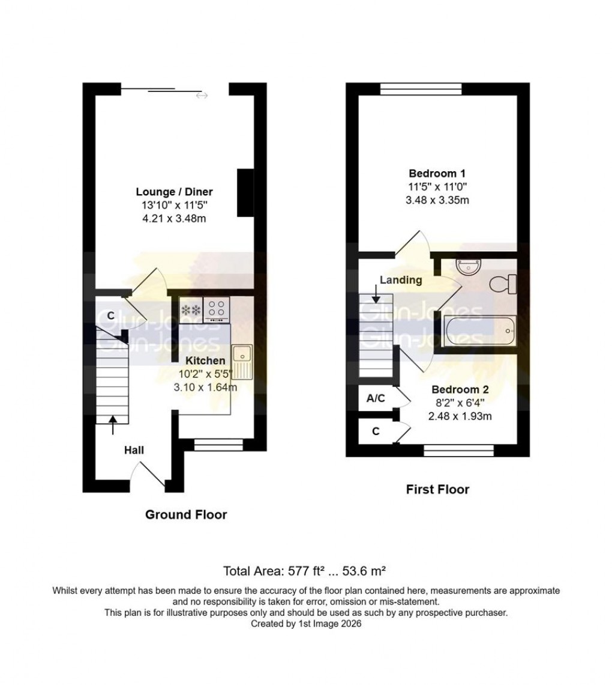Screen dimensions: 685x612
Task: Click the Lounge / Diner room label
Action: point(174,192)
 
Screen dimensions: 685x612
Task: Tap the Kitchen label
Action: point(205,361)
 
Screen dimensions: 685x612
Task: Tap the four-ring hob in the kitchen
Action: point(217,309)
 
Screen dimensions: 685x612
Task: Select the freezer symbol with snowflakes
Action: point(191,309)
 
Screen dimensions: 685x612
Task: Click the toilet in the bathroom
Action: point(503,284)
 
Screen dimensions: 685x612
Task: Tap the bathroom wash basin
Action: point(467,266)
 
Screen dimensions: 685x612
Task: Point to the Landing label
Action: point(401,280)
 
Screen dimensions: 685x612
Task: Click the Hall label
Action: point(134,449)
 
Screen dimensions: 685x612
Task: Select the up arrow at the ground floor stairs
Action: point(113,425)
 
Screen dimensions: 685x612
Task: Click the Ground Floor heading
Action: point(186,514)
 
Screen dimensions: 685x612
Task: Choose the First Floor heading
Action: point(437,489)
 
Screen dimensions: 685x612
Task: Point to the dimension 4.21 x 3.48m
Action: point(174,218)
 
